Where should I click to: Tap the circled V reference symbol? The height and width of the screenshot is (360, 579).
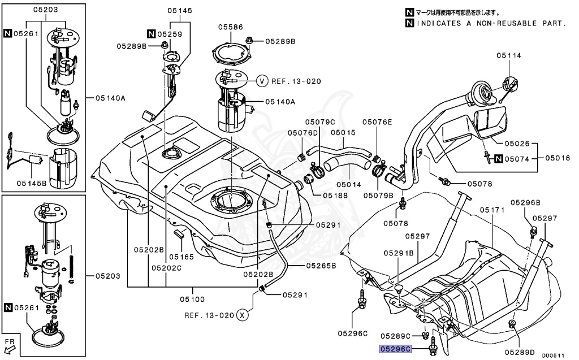coord(262,81)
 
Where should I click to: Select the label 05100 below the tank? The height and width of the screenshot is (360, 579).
coord(192,299)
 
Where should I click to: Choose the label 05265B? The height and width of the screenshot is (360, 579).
coord(321,264)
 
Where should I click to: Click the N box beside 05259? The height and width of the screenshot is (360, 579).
coord(151,34)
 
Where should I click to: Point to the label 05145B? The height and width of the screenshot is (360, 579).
coord(31,183)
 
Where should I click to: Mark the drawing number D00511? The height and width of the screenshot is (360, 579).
coord(554,355)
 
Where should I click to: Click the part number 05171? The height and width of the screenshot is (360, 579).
coord(491,210)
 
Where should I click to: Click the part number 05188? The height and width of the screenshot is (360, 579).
coord(335,195)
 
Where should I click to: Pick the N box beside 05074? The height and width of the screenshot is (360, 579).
coord(499,159)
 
